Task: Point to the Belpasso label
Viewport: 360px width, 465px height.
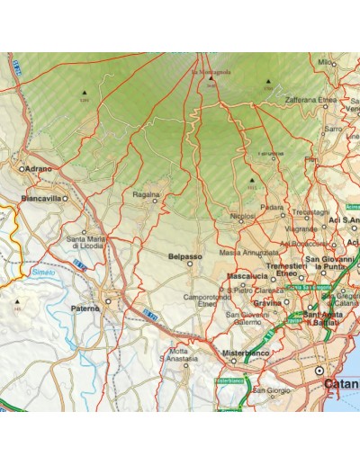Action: pyautogui.click(x=185, y=256)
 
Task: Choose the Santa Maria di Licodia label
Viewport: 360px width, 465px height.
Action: pyautogui.click(x=89, y=243)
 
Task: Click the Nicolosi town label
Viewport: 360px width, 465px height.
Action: pyautogui.click(x=242, y=216)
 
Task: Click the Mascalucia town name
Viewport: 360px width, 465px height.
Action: pyautogui.click(x=249, y=276)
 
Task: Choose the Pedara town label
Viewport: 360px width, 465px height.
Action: pyautogui.click(x=272, y=208)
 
